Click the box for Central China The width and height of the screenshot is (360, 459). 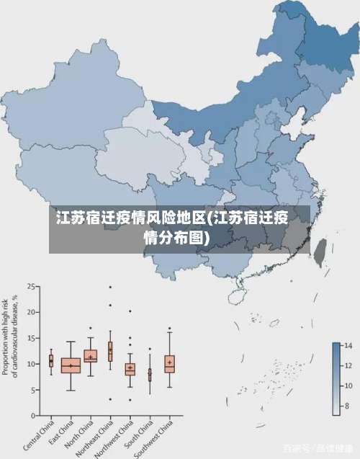point(51,360)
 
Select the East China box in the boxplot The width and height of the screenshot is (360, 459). point(71,365)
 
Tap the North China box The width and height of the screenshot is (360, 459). point(91,356)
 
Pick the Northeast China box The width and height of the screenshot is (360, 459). point(110,351)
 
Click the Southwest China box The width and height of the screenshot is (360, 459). point(169,363)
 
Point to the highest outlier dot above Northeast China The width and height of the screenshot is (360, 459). point(110,287)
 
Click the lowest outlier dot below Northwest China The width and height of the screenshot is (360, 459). point(130,400)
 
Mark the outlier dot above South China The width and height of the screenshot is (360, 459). point(150,349)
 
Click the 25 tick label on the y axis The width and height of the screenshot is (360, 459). point(32,287)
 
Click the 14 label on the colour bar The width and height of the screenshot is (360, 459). point(348,346)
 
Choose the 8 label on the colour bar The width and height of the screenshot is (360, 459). point(347,406)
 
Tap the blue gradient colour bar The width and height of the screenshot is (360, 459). point(336,379)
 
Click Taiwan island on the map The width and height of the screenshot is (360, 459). point(322,249)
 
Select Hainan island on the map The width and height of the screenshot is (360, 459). point(235,296)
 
